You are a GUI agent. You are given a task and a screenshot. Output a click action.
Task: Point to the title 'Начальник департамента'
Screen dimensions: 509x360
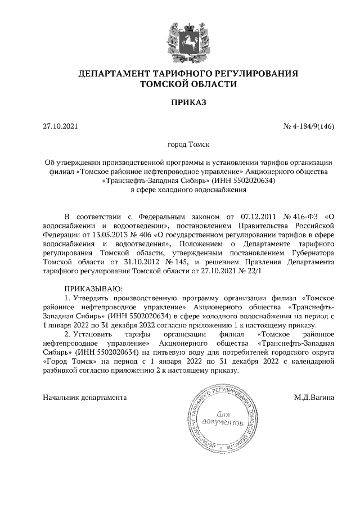[x=85, y=398]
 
